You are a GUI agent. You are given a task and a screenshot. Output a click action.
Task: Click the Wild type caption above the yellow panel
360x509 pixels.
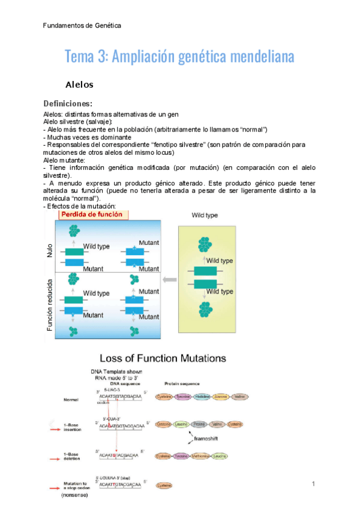coord(205,215)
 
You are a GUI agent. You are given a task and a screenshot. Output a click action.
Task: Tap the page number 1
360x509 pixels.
coord(313,483)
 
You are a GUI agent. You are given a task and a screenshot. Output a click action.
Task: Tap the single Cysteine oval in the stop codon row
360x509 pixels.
coord(164,485)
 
